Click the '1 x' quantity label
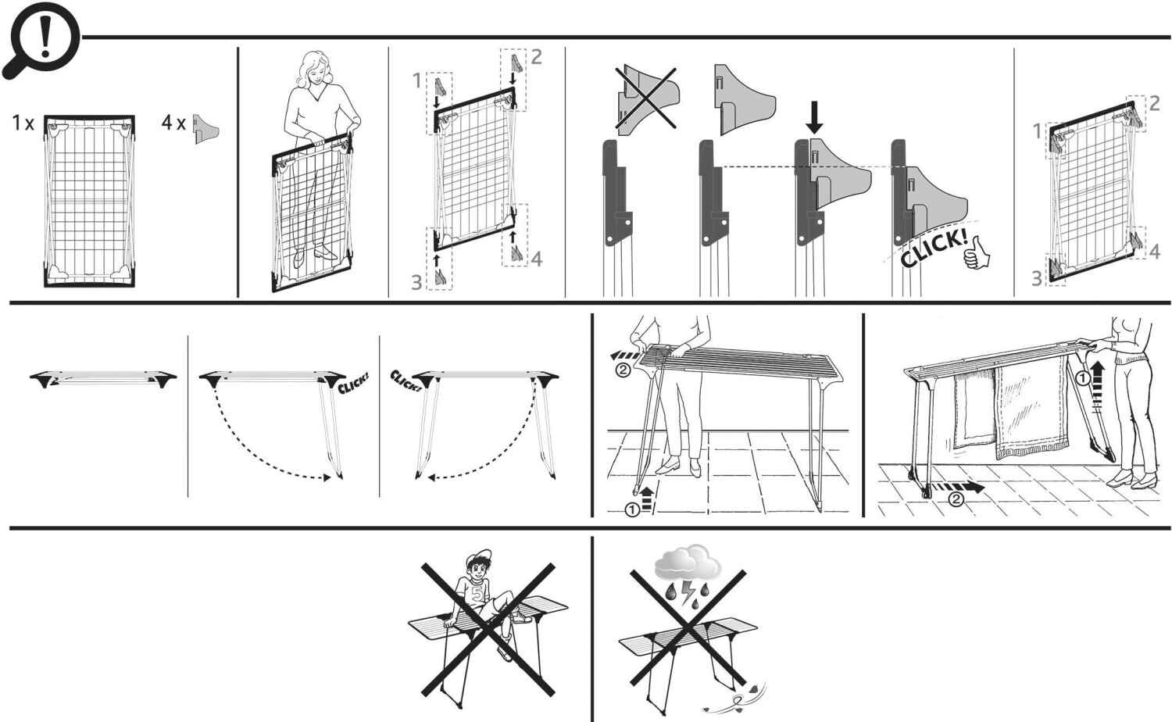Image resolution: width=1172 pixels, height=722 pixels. click(x=23, y=123)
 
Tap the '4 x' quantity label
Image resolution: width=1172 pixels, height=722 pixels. click(x=173, y=123)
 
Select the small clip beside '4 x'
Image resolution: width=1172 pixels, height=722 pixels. click(x=205, y=128)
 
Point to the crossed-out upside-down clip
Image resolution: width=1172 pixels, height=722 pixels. click(x=645, y=100)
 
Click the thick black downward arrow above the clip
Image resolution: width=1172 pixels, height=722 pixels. click(x=814, y=117)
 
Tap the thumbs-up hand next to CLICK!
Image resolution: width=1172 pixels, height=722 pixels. click(x=976, y=255)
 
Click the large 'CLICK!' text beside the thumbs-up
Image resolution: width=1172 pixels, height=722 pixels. click(x=931, y=248)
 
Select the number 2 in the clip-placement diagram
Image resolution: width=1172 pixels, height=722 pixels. click(x=536, y=56)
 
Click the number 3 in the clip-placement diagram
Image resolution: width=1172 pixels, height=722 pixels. click(x=417, y=281)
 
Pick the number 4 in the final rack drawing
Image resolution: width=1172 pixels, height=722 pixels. click(x=1154, y=251)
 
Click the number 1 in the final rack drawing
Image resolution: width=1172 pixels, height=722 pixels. click(x=1037, y=130)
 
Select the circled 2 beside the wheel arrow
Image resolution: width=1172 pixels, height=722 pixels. click(x=956, y=499)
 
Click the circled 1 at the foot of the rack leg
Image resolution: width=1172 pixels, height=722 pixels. click(x=631, y=509)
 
